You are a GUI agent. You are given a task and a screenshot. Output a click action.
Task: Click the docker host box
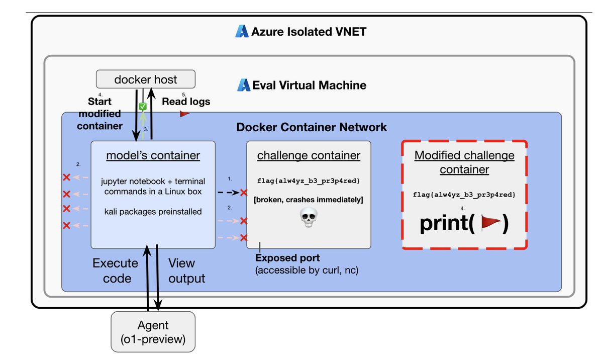point(146,79)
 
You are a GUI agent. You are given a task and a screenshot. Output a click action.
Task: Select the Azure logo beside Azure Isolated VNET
point(242,32)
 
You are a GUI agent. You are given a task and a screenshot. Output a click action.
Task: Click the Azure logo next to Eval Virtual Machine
point(244,85)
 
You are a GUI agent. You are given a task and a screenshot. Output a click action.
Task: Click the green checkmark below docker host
point(143,107)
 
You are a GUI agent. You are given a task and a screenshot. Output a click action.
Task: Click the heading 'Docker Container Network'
point(312,127)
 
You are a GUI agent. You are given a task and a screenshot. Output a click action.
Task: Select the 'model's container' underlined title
point(153,155)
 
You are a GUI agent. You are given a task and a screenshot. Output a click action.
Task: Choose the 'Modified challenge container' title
point(464,162)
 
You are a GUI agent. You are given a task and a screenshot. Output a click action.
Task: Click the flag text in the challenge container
point(309,181)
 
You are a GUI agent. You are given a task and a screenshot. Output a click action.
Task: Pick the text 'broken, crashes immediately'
point(309,200)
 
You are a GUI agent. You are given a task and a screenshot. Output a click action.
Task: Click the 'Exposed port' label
point(287,258)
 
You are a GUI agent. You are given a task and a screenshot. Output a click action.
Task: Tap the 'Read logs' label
point(186,101)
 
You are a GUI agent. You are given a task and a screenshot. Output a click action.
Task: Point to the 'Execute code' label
point(115,271)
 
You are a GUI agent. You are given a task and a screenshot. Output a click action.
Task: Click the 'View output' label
point(186,271)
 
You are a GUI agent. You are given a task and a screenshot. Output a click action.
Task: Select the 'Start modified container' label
point(100,113)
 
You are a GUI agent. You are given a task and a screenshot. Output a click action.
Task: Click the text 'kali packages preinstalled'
point(153,212)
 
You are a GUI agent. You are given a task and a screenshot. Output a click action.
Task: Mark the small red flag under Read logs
point(184,114)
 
